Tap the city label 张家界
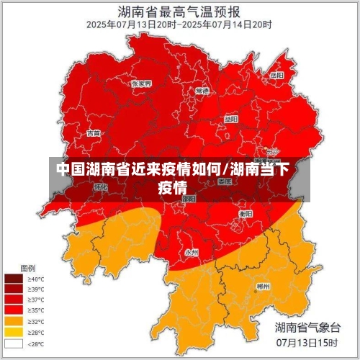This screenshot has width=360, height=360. point(141,84)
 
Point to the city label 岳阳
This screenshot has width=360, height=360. point(276,75)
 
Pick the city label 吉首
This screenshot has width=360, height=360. point(94,132)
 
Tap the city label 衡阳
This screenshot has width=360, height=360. point(246,214)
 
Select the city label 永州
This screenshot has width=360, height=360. point(192,252)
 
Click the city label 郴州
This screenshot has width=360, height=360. point(264,286)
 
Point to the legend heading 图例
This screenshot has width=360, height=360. point(27,266)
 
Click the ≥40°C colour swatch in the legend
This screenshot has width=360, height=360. point(14,278)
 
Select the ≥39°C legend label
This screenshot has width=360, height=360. point(36,289)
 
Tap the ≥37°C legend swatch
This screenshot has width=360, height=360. point(14,300)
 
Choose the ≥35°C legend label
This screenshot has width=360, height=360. point(36,310)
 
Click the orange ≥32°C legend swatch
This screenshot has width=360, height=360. point(14,321)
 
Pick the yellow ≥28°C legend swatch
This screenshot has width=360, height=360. point(14,332)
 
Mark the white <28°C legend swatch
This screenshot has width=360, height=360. point(14,343)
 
